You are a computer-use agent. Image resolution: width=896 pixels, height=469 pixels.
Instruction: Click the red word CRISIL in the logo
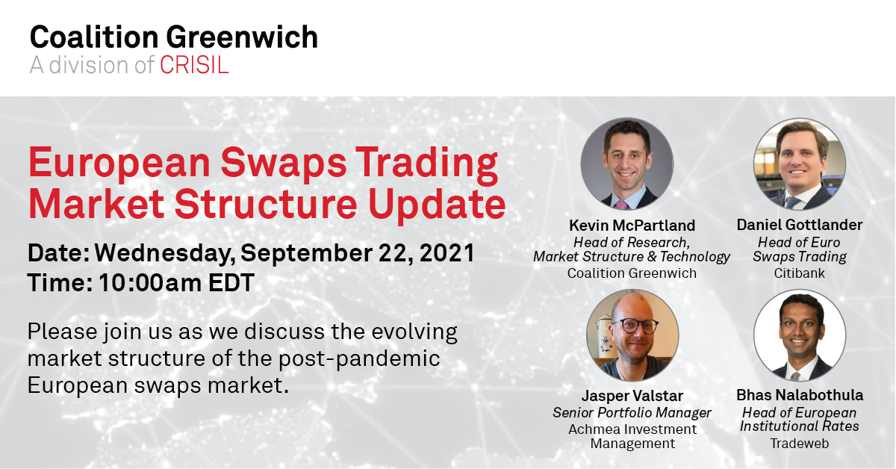tap(194, 65)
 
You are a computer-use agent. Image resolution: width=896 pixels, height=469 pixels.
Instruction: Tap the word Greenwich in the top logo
tap(242, 37)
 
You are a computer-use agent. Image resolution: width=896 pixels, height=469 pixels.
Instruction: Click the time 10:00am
tap(150, 283)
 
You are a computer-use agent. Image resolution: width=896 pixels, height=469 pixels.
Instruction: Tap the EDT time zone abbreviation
tap(231, 283)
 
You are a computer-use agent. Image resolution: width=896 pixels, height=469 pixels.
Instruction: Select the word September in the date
tap(307, 254)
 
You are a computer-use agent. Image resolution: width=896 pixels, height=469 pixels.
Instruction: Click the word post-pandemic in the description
tap(359, 359)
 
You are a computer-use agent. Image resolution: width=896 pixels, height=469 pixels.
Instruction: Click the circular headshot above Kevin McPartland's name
tap(626, 164)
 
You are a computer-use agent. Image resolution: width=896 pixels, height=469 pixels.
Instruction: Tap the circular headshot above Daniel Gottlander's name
tap(800, 164)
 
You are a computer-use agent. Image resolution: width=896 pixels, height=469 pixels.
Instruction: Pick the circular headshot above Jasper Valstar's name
tap(632, 335)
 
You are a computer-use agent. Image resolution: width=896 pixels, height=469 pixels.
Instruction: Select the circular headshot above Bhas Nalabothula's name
tap(800, 335)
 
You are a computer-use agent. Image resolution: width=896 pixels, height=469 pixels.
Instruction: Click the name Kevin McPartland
tap(632, 226)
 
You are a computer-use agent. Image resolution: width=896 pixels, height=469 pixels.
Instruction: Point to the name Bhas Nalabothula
tap(800, 395)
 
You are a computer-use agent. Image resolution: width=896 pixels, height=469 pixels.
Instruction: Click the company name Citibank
tap(799, 273)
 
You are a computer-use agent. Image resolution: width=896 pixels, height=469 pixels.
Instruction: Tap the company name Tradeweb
tap(800, 444)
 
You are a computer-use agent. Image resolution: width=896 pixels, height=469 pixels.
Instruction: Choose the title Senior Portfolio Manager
tap(632, 413)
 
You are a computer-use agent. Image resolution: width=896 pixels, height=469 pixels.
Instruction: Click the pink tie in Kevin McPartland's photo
tap(621, 205)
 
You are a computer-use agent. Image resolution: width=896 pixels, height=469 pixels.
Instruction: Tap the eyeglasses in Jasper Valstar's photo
tap(637, 326)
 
